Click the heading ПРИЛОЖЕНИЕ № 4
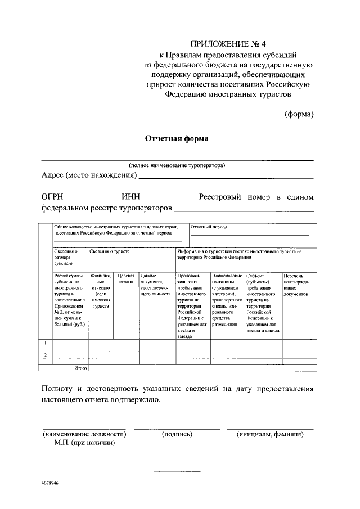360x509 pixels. [x=228, y=43]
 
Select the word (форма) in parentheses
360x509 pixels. [x=298, y=114]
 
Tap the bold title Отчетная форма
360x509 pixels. [x=177, y=138]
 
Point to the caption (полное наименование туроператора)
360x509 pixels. [x=177, y=165]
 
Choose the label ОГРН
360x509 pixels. [x=53, y=197]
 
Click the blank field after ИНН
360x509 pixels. [x=166, y=199]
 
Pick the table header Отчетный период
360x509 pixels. [x=209, y=228]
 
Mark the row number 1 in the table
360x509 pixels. [x=45, y=343]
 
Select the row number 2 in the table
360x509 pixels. [x=45, y=354]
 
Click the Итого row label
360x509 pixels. [x=79, y=368]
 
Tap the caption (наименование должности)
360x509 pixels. [x=84, y=434]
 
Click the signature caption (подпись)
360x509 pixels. [x=177, y=434]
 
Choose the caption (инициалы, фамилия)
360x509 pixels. [x=270, y=434]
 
